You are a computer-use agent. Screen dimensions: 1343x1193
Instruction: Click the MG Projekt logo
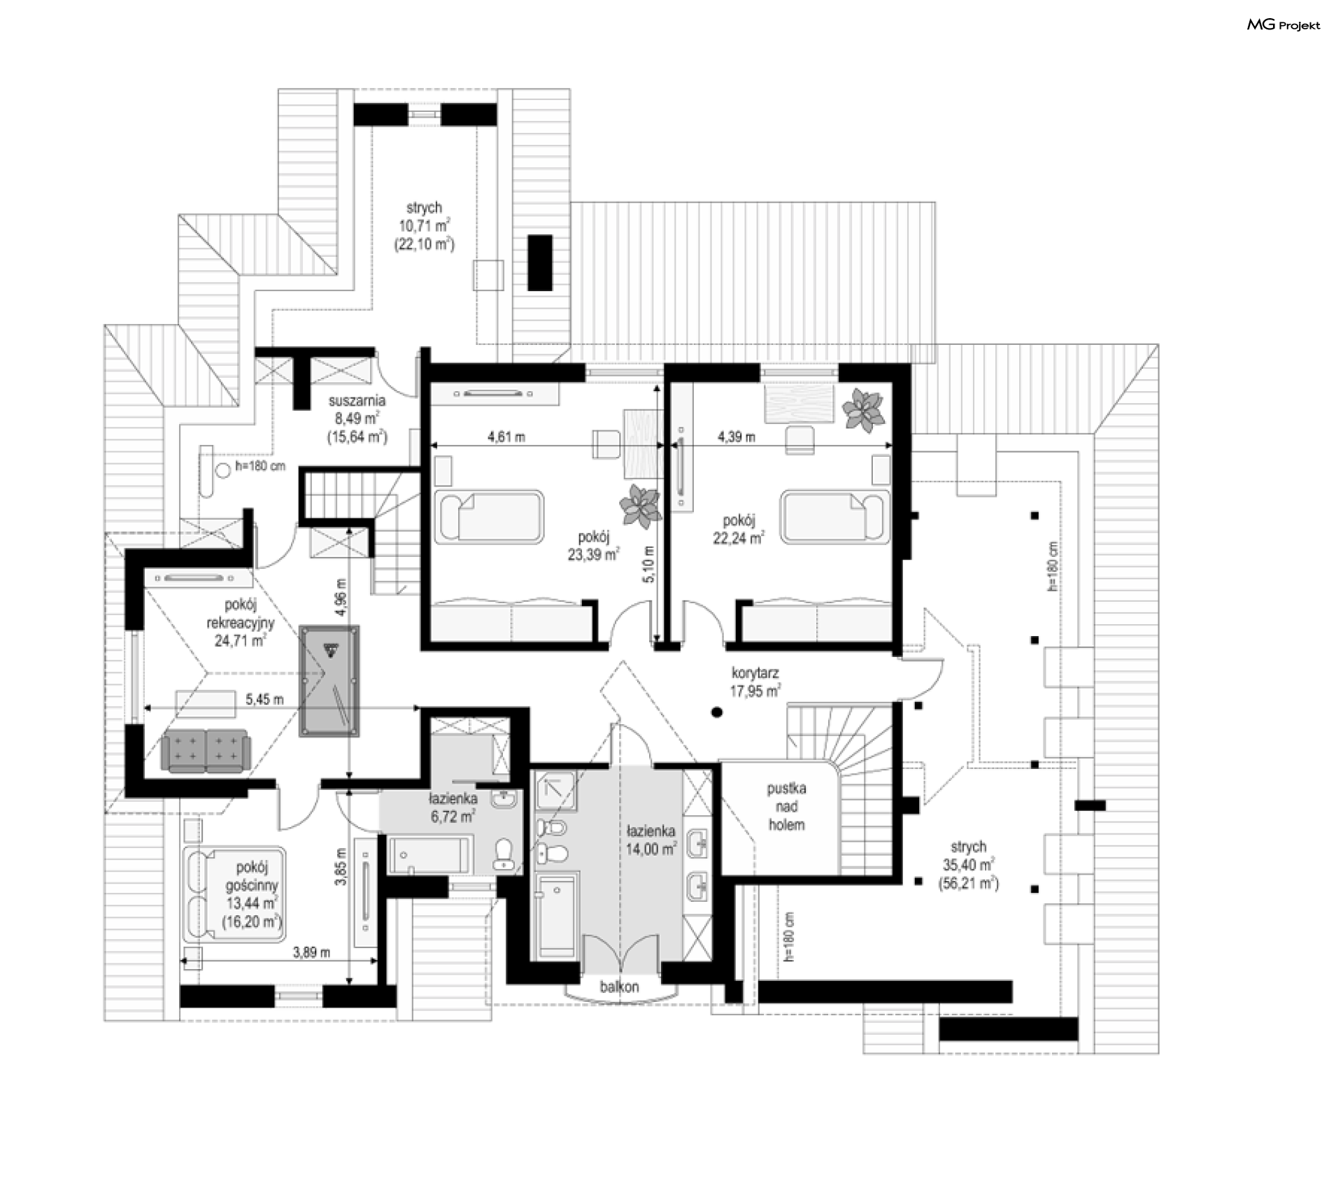[1284, 25]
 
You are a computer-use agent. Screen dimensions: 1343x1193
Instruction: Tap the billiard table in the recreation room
[329, 681]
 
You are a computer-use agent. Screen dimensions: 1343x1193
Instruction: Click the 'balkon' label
[619, 987]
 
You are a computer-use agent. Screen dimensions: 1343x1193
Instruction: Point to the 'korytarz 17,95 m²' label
[755, 682]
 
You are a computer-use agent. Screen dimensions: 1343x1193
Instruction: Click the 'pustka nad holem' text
[787, 806]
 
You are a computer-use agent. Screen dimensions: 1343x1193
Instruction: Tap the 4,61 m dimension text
[506, 437]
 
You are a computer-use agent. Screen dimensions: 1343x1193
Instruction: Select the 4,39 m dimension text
[737, 437]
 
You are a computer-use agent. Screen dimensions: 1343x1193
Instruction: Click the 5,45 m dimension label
[264, 698]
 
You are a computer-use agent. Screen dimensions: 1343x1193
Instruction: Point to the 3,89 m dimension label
[311, 952]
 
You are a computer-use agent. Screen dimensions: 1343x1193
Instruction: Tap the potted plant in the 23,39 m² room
[639, 506]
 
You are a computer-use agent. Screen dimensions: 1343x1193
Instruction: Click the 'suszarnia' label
[357, 402]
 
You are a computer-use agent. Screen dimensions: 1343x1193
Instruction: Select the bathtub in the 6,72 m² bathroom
[429, 854]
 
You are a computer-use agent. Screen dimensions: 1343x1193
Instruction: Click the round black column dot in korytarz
[716, 713]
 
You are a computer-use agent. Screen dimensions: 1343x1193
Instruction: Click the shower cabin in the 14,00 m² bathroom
[556, 791]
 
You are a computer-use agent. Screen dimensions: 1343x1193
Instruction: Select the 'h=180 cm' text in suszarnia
[260, 465]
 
